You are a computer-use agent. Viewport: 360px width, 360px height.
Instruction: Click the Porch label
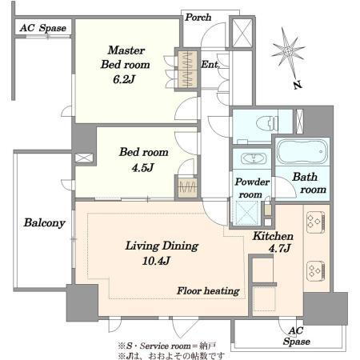pos(198,18)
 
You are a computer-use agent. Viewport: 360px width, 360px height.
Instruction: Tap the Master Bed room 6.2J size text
pos(124,79)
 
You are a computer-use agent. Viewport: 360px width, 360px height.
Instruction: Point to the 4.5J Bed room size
pos(142,168)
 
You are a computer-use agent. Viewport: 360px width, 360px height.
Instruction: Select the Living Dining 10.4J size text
pos(156,261)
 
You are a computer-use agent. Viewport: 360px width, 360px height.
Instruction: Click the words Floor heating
pos(208,290)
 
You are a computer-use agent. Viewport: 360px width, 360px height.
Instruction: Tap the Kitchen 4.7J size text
pos(279,249)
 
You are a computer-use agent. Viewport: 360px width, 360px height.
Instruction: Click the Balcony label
pos(44,222)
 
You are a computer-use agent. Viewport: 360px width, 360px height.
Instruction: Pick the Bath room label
pos(309,183)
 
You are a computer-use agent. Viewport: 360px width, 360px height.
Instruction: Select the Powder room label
pos(252,188)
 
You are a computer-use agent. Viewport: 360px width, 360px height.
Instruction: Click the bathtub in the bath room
pos(302,152)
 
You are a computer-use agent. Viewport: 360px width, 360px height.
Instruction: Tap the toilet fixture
pos(267,123)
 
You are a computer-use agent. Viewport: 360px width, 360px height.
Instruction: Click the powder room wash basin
pos(254,159)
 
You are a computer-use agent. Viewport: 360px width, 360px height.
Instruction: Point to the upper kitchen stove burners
pos(315,222)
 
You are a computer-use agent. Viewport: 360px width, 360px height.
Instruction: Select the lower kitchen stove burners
pos(315,271)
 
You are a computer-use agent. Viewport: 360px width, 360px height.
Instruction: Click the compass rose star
pos(288,50)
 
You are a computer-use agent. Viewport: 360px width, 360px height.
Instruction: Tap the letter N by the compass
pos(298,85)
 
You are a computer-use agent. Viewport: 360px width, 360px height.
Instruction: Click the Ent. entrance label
pos(210,64)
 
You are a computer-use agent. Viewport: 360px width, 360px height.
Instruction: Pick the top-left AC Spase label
pos(42,28)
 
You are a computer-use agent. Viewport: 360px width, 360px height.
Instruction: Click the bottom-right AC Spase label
pos(296,336)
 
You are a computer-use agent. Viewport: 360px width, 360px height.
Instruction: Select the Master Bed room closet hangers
pos(187,70)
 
